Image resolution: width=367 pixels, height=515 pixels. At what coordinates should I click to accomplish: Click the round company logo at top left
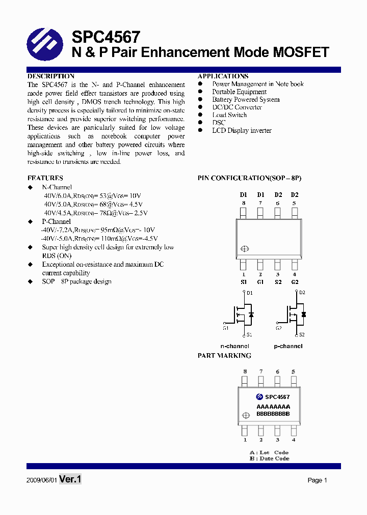click(x=45, y=45)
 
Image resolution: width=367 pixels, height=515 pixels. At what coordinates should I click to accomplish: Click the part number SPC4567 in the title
click(x=106, y=37)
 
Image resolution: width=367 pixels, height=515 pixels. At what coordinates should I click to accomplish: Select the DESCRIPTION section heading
click(x=51, y=76)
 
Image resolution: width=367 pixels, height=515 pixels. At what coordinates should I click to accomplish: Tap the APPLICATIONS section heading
click(x=223, y=76)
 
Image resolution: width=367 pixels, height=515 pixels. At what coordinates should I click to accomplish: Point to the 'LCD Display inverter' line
click(x=242, y=131)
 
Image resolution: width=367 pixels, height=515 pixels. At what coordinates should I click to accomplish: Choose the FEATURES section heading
click(x=45, y=178)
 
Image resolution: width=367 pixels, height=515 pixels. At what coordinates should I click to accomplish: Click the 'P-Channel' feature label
click(x=56, y=221)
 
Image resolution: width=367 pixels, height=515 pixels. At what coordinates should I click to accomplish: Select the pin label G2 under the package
click(x=294, y=282)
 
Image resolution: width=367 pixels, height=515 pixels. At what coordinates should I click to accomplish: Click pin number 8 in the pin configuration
click(x=244, y=203)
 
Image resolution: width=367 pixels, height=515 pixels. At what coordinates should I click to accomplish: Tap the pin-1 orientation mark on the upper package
click(x=244, y=249)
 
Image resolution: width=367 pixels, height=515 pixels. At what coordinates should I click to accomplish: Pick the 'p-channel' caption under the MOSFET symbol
click(x=288, y=346)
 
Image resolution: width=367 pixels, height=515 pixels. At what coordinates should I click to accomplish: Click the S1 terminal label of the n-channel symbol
click(x=249, y=335)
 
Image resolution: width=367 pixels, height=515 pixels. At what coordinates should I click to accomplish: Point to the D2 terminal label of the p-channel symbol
click(x=302, y=293)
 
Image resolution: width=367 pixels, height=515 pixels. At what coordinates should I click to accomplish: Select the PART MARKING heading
click(x=224, y=356)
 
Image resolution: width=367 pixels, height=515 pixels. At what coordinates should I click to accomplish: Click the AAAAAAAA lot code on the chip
click(x=273, y=407)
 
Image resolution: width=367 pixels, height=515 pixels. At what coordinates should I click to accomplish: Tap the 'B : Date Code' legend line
click(x=269, y=459)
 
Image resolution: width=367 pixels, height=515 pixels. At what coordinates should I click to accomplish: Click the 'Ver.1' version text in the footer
click(x=70, y=479)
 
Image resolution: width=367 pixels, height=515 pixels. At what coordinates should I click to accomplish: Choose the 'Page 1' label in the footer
click(x=317, y=480)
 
